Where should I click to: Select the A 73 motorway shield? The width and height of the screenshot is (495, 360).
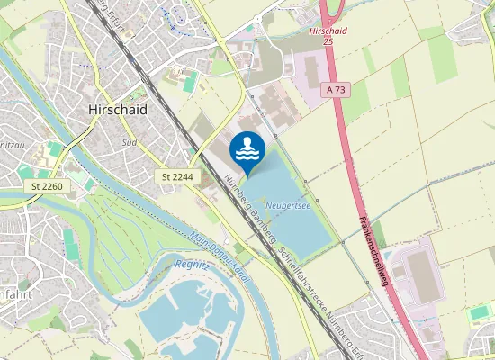[x=337, y=90]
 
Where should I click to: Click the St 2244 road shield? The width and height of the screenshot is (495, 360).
[x=179, y=177]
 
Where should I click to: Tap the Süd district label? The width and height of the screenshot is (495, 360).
[x=130, y=142]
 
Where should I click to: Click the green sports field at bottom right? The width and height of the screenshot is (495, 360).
[x=480, y=312]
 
